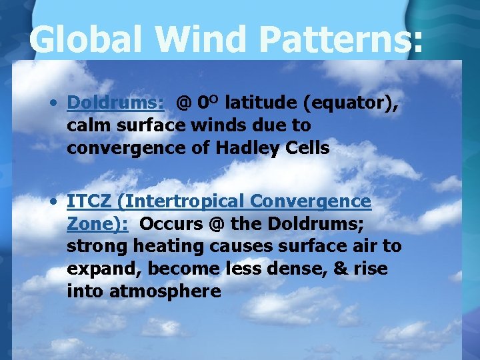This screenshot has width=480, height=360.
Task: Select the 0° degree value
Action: [x=209, y=103]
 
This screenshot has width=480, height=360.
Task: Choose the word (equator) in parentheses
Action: [x=351, y=103]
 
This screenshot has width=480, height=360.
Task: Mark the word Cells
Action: [x=307, y=148]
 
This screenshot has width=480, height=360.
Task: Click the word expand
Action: [x=104, y=269]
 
